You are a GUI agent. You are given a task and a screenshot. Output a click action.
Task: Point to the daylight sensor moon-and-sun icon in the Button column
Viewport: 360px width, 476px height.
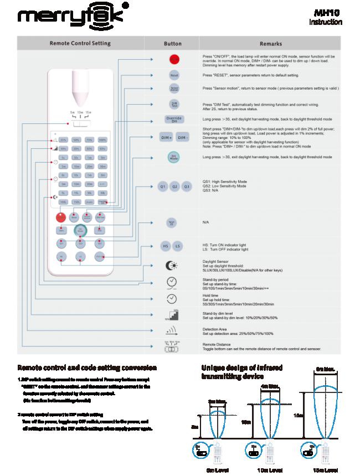pyautogui.click(x=172, y=265)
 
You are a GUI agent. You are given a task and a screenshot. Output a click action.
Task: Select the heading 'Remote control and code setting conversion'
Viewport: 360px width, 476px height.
pyautogui.click(x=87, y=368)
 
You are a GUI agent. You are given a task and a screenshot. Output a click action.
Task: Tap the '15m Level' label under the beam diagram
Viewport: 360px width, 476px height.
pyautogui.click(x=322, y=470)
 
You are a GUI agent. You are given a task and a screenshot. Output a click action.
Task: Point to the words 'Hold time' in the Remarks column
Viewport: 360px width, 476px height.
pyautogui.click(x=211, y=296)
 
